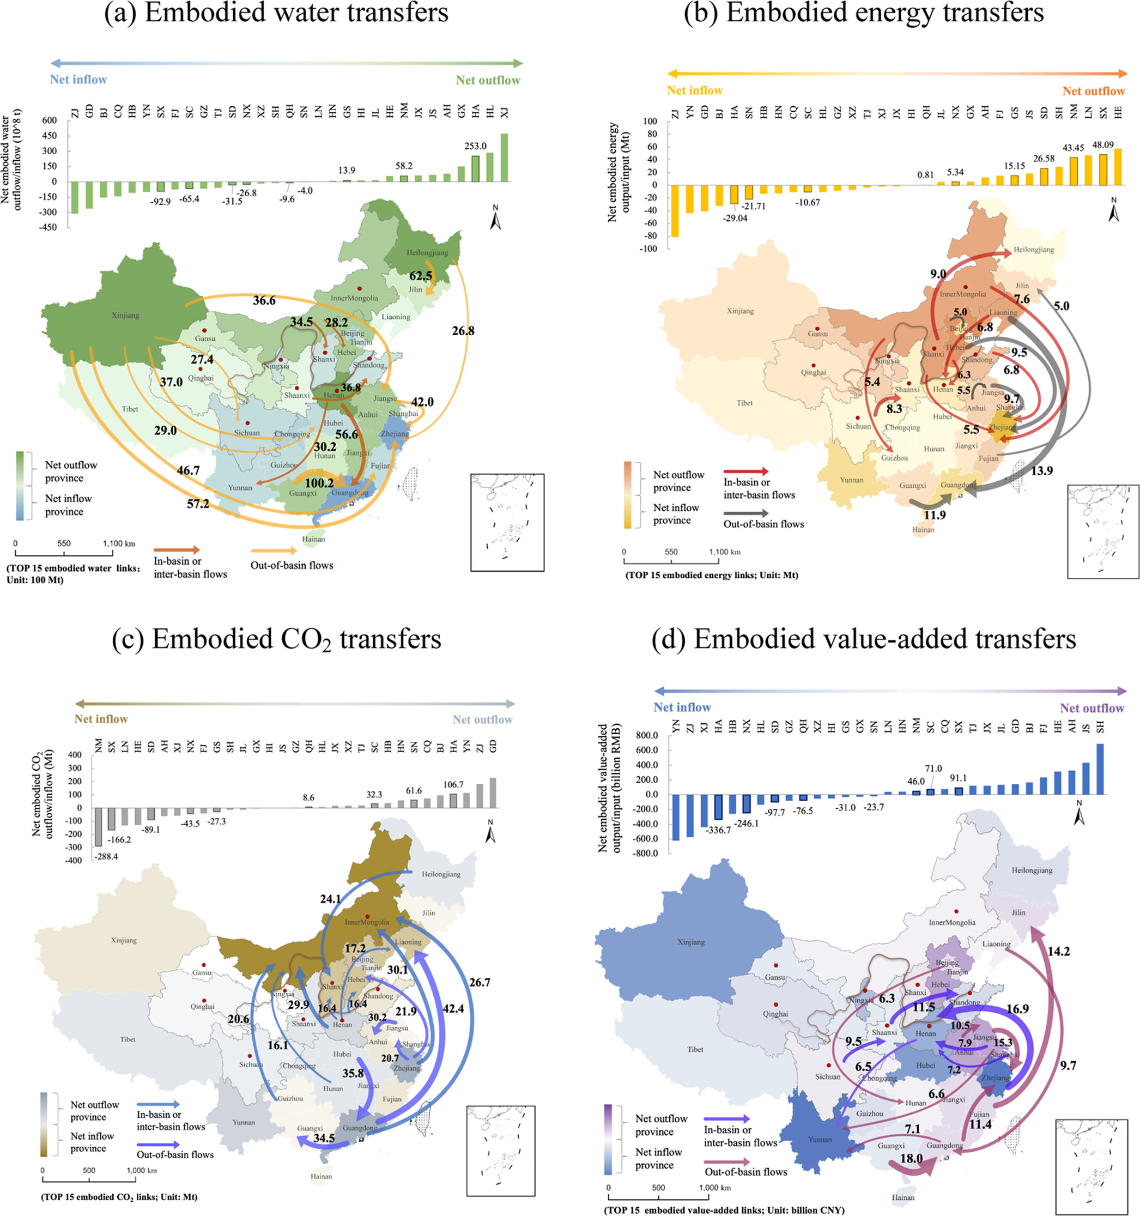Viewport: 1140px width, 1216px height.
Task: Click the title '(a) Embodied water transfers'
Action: [x=276, y=14]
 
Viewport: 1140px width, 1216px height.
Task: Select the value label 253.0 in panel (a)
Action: [x=475, y=146]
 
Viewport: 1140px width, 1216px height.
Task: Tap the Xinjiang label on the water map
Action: [x=125, y=316]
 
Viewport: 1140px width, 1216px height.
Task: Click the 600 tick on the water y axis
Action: [x=50, y=120]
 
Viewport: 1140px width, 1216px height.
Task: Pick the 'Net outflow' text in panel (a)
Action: [x=487, y=80]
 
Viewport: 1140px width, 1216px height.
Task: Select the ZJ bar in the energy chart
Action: [x=675, y=210]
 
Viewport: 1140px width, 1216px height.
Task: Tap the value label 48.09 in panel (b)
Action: [x=1103, y=145]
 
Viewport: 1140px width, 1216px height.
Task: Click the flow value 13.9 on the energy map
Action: [x=1041, y=470]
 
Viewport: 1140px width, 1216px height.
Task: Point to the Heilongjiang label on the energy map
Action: [x=1034, y=250]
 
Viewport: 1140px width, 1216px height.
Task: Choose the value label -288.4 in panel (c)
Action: [x=106, y=856]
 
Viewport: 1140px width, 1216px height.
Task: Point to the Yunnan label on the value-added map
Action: [x=820, y=1139]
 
